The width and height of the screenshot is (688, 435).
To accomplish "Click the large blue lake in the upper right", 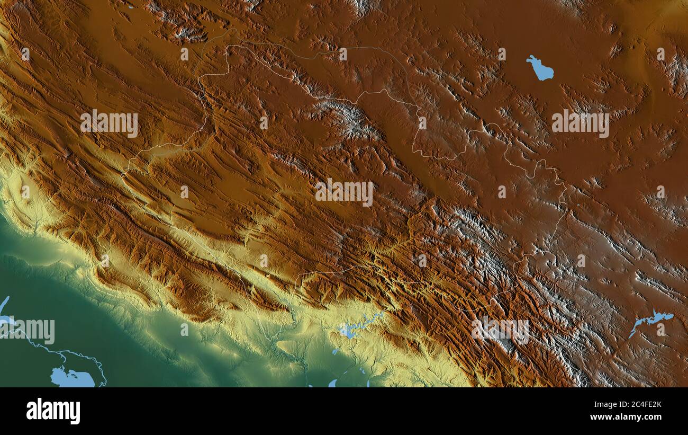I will coord(540,69).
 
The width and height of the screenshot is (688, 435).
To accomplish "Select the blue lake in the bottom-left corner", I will coord(71,378).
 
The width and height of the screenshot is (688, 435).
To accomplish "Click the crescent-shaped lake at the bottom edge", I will coord(332,383).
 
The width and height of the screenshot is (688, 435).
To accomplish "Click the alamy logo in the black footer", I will coord(53,411).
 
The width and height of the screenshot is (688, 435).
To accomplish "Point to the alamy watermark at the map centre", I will coord(344,192).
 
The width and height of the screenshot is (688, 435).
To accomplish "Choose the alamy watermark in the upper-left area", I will coord(109,123).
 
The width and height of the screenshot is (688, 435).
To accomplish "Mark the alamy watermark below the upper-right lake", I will coord(580,123).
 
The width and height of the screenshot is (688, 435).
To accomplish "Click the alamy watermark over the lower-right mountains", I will coord(500,330).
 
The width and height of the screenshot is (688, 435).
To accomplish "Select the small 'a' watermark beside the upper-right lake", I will coord(501,54).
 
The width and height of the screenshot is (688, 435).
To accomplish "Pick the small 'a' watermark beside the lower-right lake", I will coord(660,329).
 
